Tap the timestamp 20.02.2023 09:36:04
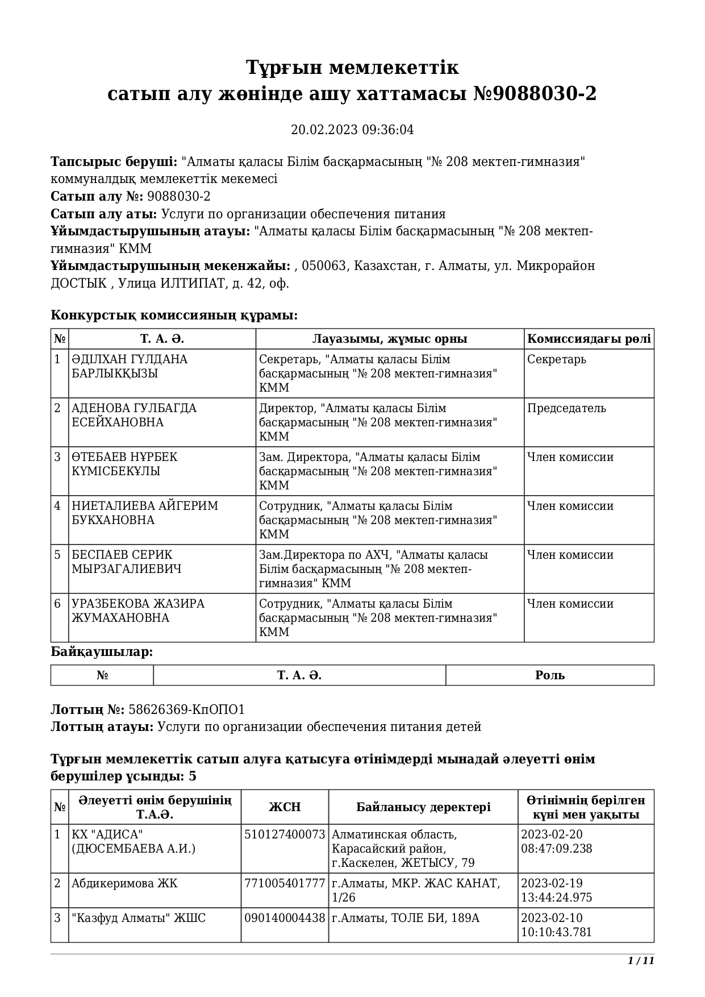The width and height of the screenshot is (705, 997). tap(352, 130)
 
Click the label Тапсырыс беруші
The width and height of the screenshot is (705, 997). tap(114, 162)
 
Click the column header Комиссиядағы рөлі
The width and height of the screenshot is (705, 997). tap(589, 339)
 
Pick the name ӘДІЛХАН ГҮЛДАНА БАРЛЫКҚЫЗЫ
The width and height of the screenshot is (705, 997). tap(130, 367)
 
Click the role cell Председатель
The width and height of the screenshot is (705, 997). tap(566, 409)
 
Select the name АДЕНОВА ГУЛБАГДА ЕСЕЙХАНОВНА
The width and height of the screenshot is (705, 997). tap(134, 416)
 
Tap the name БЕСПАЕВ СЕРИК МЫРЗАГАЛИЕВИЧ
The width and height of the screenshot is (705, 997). tap(126, 562)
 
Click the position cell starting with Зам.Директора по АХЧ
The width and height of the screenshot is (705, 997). tap(373, 569)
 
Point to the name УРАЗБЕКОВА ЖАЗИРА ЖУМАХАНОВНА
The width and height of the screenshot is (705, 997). tap(137, 611)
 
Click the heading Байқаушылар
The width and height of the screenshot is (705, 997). tap(102, 652)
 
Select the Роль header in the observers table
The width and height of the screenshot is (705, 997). tap(549, 675)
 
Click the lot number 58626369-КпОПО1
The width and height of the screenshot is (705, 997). tap(187, 710)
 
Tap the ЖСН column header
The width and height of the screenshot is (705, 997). tap(285, 807)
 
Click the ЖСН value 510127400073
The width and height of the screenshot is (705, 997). tap(285, 835)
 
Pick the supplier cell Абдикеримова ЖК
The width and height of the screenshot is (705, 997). tap(124, 884)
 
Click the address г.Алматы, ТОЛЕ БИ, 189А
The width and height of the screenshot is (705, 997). tap(406, 919)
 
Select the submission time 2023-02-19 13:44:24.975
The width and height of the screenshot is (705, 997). tap(556, 891)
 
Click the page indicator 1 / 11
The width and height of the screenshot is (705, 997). tap(641, 961)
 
